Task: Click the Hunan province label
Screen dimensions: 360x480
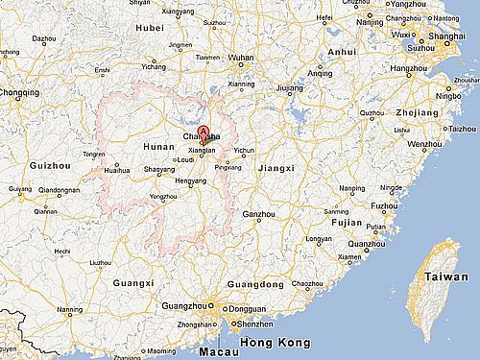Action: coord(158,147)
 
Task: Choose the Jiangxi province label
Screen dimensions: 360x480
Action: coord(276,167)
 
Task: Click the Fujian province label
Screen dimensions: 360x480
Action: coord(347,222)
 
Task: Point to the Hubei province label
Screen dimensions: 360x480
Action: coord(152,28)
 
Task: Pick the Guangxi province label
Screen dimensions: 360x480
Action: coord(132,283)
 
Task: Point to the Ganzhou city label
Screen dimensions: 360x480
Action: coord(258,214)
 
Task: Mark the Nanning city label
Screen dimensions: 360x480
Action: coord(69,310)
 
